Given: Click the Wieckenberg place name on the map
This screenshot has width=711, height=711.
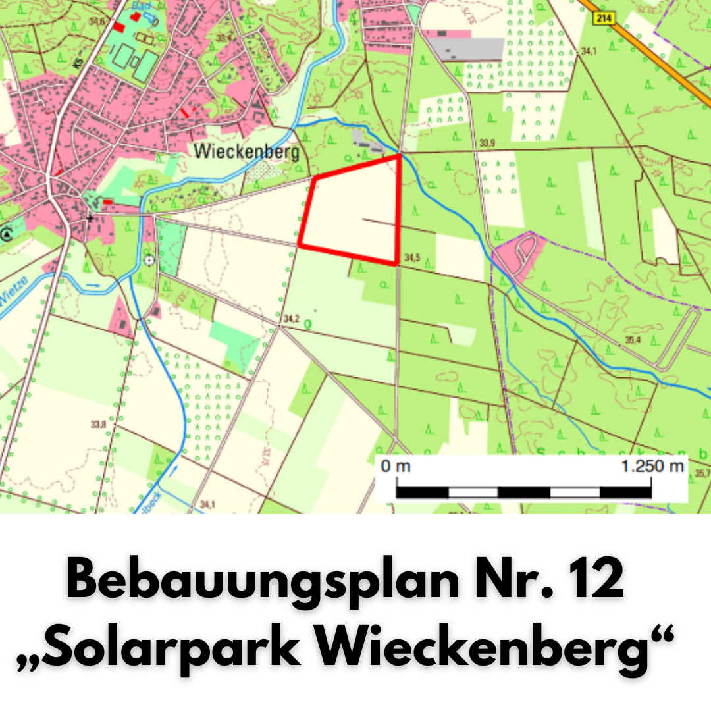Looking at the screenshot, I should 246,152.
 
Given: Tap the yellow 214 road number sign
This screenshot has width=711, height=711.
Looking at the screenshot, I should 603,18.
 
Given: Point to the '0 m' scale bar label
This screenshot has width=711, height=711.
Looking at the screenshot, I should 396,467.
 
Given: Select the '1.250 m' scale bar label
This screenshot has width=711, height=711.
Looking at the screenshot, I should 652,467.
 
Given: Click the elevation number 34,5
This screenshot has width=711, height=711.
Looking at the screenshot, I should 412,257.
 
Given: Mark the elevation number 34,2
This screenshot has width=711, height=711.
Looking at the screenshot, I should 291,319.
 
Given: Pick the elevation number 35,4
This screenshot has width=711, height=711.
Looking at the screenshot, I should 633,340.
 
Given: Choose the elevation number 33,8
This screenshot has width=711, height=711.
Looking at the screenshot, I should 98,424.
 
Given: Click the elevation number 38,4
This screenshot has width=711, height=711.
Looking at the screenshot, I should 224,39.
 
